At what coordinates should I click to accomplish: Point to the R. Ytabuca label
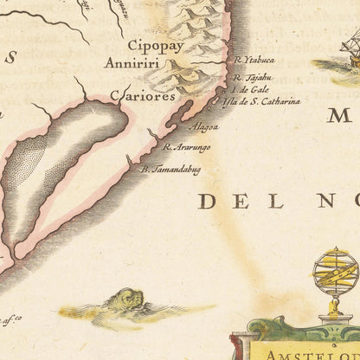(254, 61)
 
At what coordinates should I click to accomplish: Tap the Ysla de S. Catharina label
(260, 101)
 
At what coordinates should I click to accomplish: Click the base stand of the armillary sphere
(335, 318)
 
